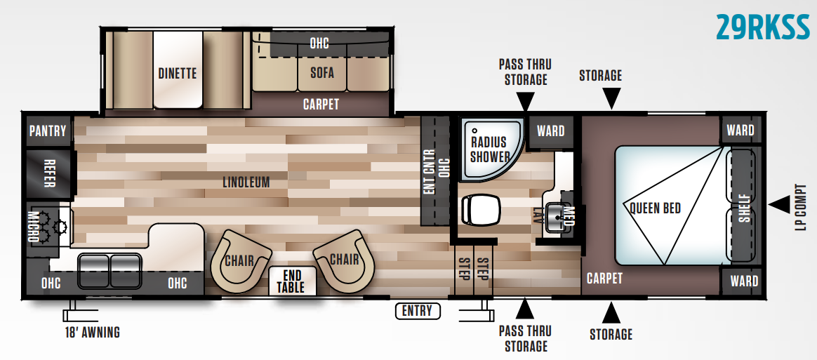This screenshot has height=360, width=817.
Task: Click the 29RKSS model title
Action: pos(762,27)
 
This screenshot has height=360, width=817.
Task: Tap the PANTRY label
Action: pos(48,131)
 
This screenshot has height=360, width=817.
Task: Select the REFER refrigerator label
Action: pos(49,173)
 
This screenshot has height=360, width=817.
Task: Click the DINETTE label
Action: pos(177,73)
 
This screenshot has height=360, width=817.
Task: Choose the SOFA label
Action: pos(321,72)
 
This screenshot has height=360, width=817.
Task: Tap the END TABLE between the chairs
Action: pos(290,281)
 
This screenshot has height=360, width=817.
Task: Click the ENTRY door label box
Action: pos(417,311)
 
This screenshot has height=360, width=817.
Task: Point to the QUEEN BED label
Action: pos(655,208)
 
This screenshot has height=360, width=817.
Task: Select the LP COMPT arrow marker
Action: pos(779,204)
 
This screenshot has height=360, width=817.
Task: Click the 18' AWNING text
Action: pos(91,332)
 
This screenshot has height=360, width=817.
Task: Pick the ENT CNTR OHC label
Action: pos(435,171)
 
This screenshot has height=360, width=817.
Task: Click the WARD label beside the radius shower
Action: pos(550,131)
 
